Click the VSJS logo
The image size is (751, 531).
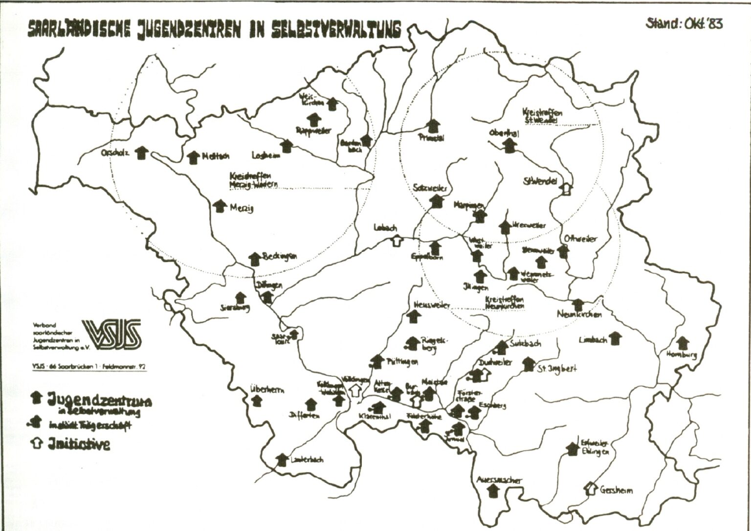[112, 335]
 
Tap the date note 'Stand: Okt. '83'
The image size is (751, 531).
[684, 23]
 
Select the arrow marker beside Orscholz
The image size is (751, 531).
[142, 152]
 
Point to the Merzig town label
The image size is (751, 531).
[242, 208]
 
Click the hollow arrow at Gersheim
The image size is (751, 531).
[591, 487]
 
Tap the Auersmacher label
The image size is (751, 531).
[499, 480]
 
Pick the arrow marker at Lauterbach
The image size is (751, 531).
[282, 460]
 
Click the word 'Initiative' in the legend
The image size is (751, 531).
[78, 443]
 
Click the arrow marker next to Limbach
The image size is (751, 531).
[615, 338]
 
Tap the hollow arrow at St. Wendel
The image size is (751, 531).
[566, 189]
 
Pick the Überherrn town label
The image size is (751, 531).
[267, 390]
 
